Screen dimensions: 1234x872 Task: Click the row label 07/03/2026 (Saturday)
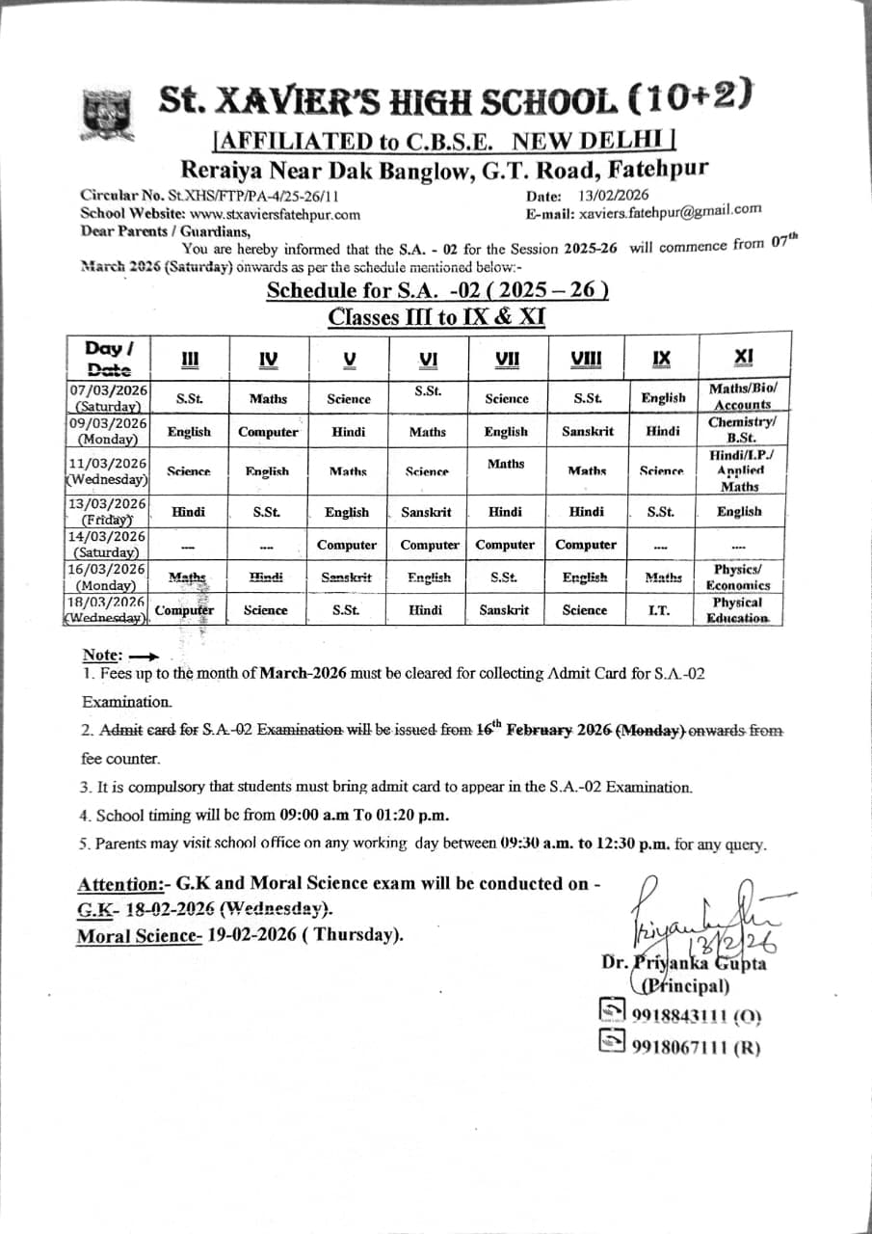click(108, 397)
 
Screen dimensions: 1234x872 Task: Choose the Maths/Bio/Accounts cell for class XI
click(742, 396)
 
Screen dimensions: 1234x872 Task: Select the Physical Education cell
click(738, 610)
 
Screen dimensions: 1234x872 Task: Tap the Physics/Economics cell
click(738, 577)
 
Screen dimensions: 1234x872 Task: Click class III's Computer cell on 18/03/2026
click(184, 610)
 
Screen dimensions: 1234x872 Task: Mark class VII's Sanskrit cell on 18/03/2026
click(504, 610)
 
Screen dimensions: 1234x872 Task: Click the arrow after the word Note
click(143, 657)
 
